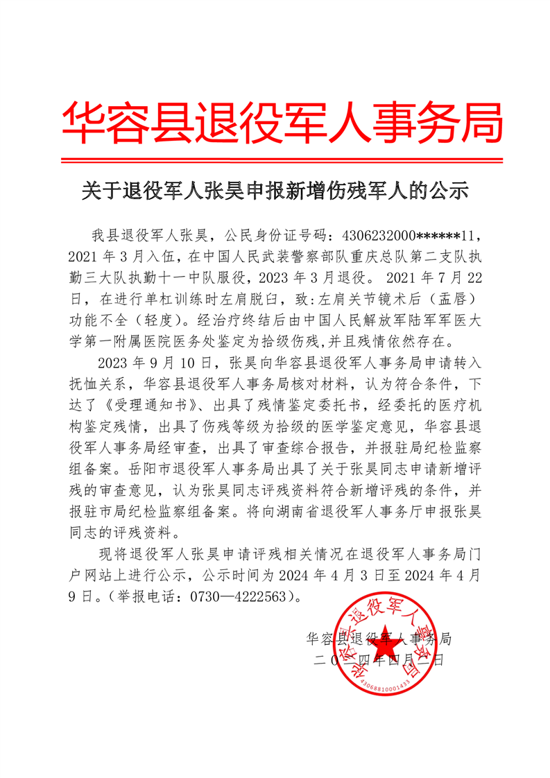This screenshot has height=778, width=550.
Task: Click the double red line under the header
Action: tap(280, 161)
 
